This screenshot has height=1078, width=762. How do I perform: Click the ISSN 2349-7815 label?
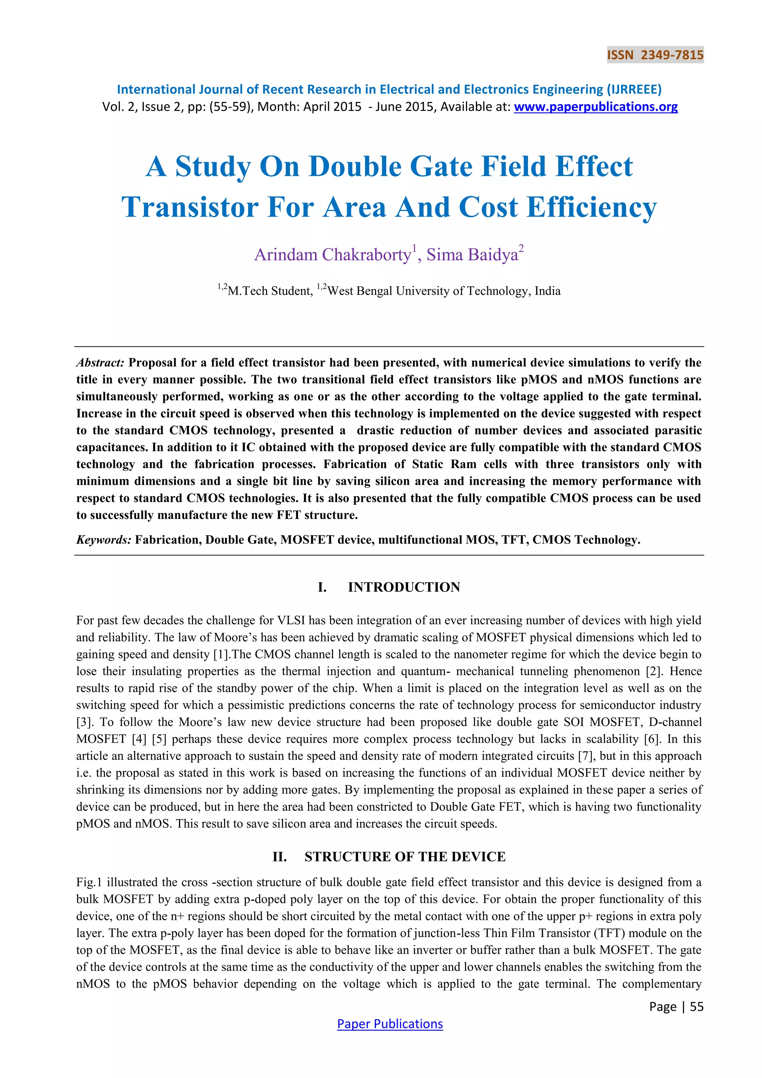[x=655, y=55]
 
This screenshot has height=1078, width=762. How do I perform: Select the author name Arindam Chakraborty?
[x=332, y=255]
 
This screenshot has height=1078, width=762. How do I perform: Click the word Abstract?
[x=100, y=363]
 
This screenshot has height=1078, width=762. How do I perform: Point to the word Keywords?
[x=104, y=540]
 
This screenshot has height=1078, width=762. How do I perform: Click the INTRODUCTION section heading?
[x=404, y=587]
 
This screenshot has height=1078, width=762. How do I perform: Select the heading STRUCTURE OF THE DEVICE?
[x=405, y=857]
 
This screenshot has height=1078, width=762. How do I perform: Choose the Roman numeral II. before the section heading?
[x=280, y=857]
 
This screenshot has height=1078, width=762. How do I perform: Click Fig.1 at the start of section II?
[x=89, y=882]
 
